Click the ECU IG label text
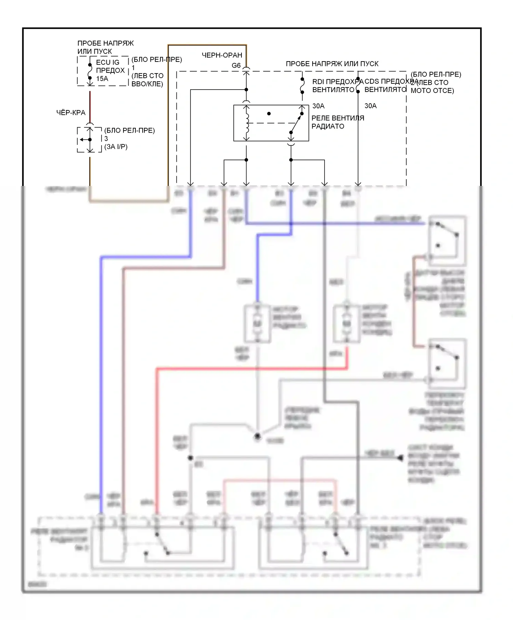tap(108, 62)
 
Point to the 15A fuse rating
tap(102, 79)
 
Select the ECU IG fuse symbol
tap(90, 71)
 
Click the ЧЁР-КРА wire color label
tap(71, 112)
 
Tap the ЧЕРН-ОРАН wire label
tap(222, 55)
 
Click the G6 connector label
tap(236, 65)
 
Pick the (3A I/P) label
tap(116, 147)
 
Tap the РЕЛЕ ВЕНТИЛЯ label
tap(338, 118)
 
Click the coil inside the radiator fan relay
tap(247, 123)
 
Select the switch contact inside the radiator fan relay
tap(297, 123)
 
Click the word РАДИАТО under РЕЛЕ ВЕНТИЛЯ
tap(328, 126)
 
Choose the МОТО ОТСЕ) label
tap(432, 91)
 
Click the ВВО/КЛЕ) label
tap(147, 84)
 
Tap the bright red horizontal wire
tap(251, 369)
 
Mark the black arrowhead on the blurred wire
tap(400, 458)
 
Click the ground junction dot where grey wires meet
tap(258, 436)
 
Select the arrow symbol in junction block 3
tap(83, 139)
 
